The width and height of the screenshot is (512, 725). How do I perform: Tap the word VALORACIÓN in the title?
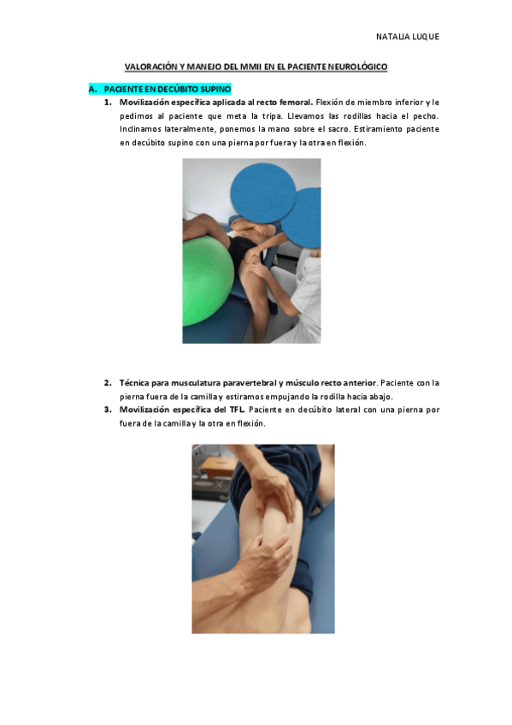click(x=151, y=66)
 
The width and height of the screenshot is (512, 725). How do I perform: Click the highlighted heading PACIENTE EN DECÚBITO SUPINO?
click(x=167, y=89)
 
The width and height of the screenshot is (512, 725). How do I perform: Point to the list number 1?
click(x=108, y=102)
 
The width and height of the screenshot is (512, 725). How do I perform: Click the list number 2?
click(x=108, y=383)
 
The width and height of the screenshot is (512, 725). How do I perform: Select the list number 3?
click(x=108, y=410)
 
